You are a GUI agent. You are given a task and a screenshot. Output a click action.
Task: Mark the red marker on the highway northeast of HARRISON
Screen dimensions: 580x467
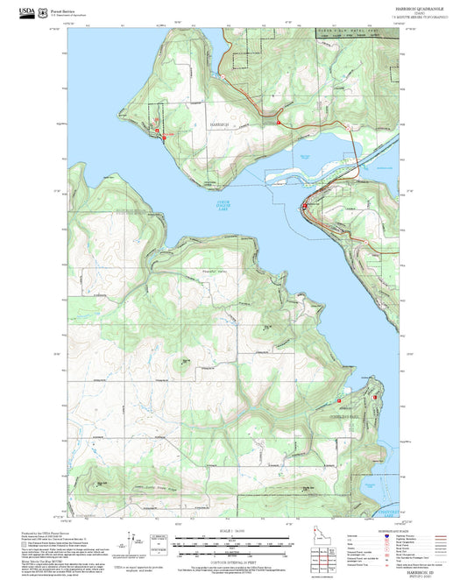tap(278, 123)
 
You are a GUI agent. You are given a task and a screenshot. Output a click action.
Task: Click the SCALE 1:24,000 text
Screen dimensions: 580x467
tap(230, 531)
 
